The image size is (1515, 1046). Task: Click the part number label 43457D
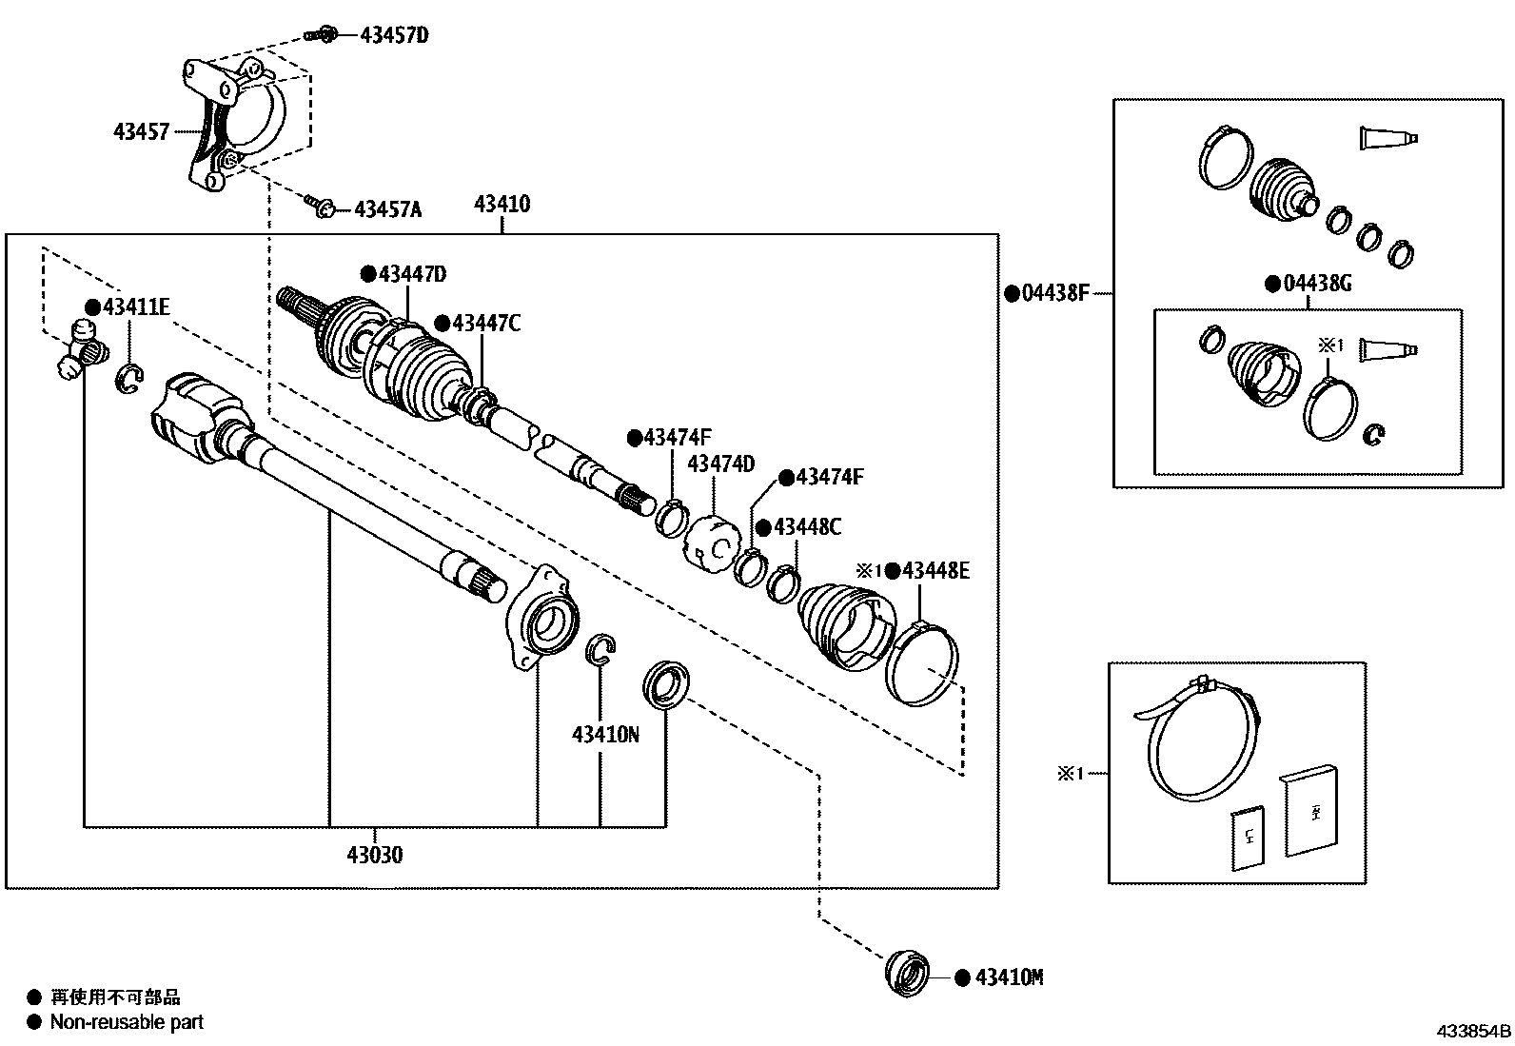coord(394,36)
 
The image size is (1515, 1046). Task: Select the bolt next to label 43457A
coord(319,205)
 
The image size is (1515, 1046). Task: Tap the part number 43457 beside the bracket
coord(141,132)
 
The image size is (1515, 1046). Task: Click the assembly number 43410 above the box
coord(502,204)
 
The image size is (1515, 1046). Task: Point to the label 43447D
coord(412,274)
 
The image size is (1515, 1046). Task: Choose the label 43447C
coord(486,324)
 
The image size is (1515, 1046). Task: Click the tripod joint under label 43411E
coord(80,348)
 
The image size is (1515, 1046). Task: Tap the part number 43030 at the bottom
coord(374,855)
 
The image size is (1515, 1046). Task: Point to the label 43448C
coord(807,527)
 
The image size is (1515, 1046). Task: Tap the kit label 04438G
coord(1316,284)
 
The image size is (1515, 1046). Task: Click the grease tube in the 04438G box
coord(1387,350)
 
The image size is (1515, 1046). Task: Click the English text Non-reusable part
coord(127,1023)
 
